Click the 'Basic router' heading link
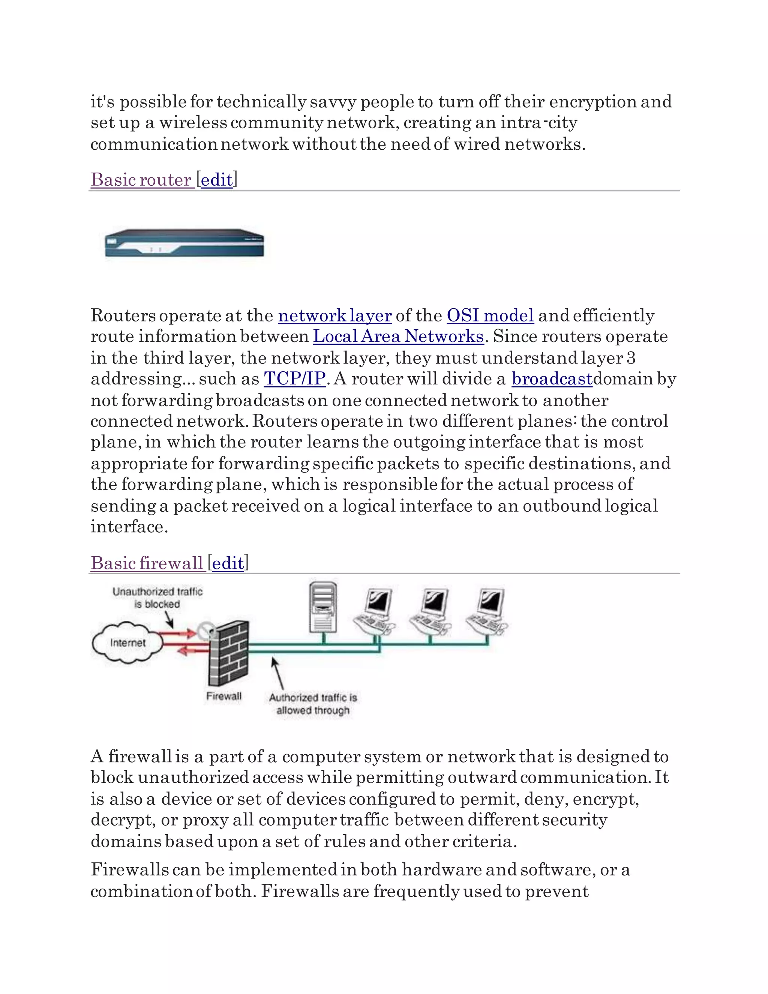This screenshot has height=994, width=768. [x=141, y=180]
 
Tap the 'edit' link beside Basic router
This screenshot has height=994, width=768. [x=217, y=180]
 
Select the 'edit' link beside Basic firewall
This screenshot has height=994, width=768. [x=228, y=564]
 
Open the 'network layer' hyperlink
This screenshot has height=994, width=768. [x=335, y=315]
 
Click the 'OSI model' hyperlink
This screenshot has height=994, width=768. [x=490, y=315]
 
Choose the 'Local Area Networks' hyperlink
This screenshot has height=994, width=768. [x=398, y=336]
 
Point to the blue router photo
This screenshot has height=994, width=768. [x=184, y=244]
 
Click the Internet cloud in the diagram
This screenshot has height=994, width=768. [x=127, y=643]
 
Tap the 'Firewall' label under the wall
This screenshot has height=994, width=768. [x=224, y=696]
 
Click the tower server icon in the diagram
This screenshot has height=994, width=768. [x=323, y=607]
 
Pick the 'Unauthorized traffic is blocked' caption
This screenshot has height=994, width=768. [x=157, y=598]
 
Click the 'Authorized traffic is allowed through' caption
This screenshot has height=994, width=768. [x=313, y=704]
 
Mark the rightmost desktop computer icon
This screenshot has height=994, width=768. [x=487, y=612]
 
